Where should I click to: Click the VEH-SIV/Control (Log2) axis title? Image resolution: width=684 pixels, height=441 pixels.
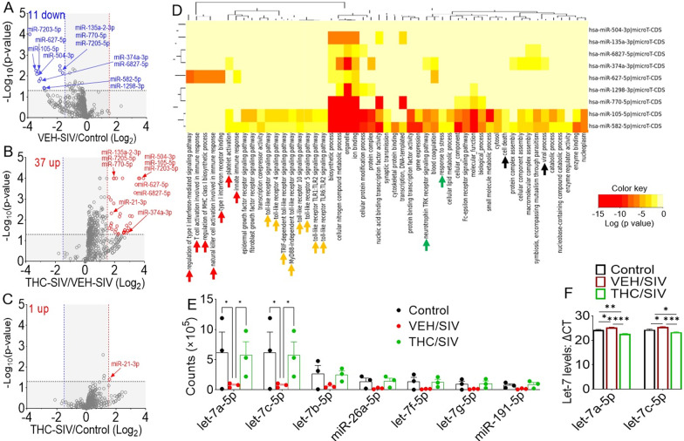tap(84, 137)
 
